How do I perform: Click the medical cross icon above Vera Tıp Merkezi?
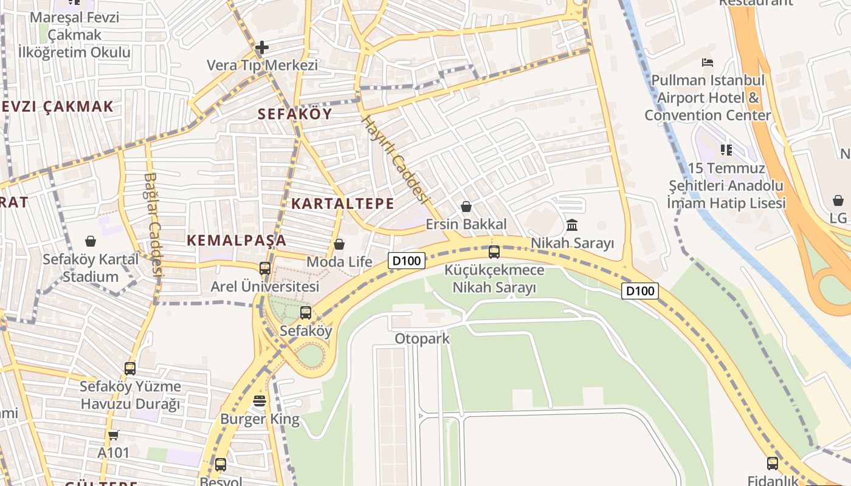(x=262, y=47)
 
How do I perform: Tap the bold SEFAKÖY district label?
(x=295, y=114)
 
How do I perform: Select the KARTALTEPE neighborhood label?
(x=343, y=204)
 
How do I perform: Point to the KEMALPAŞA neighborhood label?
(x=236, y=240)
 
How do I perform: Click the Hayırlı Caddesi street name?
(x=396, y=159)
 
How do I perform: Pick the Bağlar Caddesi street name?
(x=153, y=225)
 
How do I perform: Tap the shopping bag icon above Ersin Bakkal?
(x=466, y=207)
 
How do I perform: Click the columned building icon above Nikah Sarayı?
(x=572, y=226)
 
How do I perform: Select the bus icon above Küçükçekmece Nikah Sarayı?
(x=494, y=252)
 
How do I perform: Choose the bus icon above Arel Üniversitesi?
(x=265, y=268)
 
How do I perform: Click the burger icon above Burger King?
(x=260, y=401)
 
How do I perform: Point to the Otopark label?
(x=422, y=338)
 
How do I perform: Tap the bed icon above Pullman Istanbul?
(x=708, y=63)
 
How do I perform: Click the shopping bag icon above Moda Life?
(x=339, y=244)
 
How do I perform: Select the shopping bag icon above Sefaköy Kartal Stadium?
(x=91, y=242)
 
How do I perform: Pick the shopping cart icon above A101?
(x=114, y=435)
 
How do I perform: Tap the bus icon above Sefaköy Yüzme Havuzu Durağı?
(x=130, y=368)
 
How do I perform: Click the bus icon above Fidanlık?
(x=773, y=464)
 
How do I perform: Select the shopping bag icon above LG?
(x=838, y=200)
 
